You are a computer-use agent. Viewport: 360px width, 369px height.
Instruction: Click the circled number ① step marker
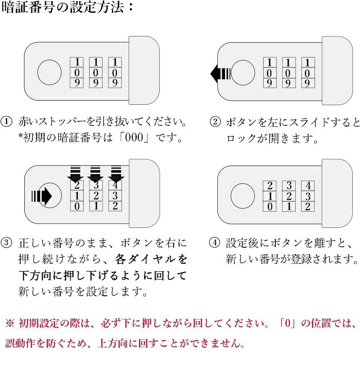pyautogui.click(x=6, y=122)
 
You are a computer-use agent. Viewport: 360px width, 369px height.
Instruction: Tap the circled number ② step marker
pyautogui.click(x=215, y=122)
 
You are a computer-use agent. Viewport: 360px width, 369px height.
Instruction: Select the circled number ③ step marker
pyautogui.click(x=6, y=242)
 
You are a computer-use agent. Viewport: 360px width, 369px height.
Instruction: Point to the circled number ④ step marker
pyautogui.click(x=215, y=242)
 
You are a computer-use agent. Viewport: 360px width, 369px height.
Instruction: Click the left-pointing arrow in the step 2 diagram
pyautogui.click(x=220, y=74)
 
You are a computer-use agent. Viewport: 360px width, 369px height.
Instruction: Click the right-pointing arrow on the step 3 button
pyautogui.click(x=42, y=196)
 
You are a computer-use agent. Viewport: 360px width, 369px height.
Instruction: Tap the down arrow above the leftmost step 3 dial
pyautogui.click(x=75, y=174)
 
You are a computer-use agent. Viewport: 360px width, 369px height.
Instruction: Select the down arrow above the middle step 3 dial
pyautogui.click(x=95, y=174)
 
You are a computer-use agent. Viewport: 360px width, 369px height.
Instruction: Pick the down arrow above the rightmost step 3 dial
pyautogui.click(x=116, y=174)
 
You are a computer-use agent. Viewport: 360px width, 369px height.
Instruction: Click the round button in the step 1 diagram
pyautogui.click(x=49, y=72)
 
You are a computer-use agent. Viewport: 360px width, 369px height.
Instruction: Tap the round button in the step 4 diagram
pyautogui.click(x=243, y=196)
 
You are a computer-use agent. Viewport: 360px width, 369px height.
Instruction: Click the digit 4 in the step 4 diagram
pyautogui.click(x=308, y=186)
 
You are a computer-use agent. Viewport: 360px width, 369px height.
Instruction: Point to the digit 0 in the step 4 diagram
pyautogui.click(x=270, y=207)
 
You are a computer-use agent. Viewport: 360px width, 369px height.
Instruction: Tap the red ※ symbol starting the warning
pyautogui.click(x=10, y=323)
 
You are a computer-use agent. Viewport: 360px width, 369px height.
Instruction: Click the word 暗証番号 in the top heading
pyautogui.click(x=28, y=7)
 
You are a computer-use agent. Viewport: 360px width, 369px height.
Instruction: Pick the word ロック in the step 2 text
pyautogui.click(x=241, y=138)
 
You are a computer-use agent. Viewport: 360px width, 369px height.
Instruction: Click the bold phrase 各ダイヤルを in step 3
pyautogui.click(x=151, y=259)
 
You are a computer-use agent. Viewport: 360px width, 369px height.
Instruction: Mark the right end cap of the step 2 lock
pyautogui.click(x=337, y=71)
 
